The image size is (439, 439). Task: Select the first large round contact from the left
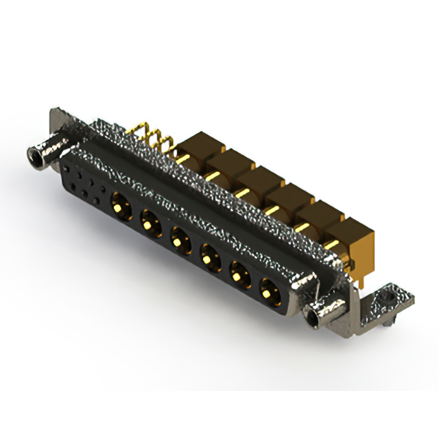pyautogui.click(x=119, y=202)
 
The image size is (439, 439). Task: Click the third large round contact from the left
pyautogui.click(x=178, y=238)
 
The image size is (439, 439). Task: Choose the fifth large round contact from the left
pyautogui.click(x=238, y=276)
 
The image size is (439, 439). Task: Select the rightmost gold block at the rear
pyautogui.click(x=353, y=237)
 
